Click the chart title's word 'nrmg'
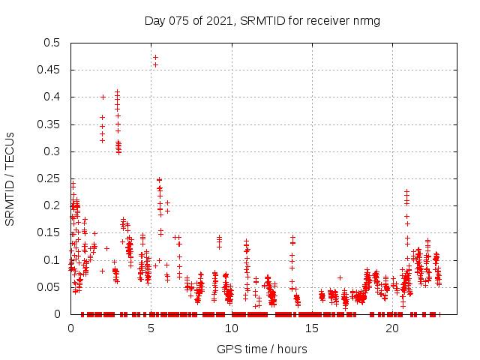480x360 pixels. click(x=366, y=20)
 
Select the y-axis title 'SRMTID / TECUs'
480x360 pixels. click(x=10, y=178)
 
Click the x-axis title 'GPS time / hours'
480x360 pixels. click(x=262, y=349)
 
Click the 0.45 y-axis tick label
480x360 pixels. click(x=50, y=70)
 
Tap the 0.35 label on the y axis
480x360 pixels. click(x=50, y=124)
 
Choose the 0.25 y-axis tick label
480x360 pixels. click(x=50, y=178)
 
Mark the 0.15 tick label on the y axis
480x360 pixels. click(x=50, y=232)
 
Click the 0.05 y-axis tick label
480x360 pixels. click(x=50, y=287)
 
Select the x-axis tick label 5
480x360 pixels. click(x=151, y=328)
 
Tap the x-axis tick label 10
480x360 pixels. click(x=232, y=328)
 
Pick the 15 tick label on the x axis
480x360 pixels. click(x=312, y=328)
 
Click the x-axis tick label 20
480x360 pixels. click(x=392, y=328)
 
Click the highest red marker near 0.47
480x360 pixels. click(x=155, y=57)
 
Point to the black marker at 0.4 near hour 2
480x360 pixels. click(x=103, y=97)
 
